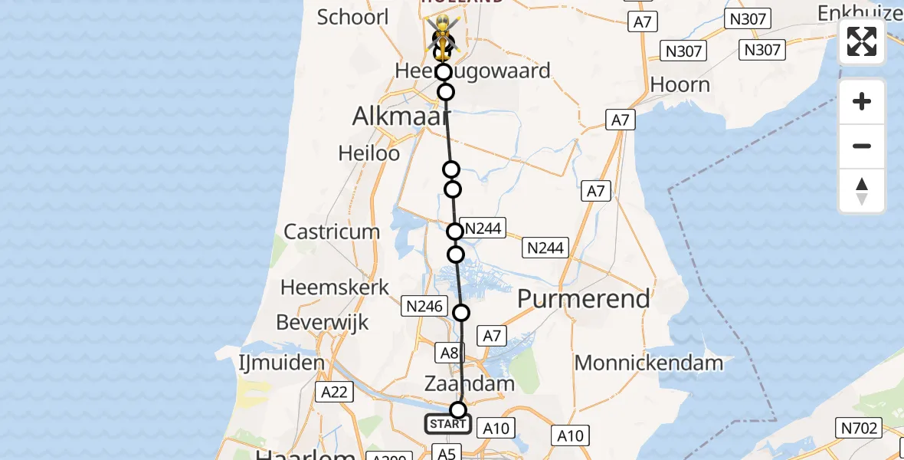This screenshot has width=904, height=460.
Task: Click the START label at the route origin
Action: [448, 424]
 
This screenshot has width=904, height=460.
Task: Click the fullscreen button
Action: [862, 41]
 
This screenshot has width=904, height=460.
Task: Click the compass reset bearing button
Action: [862, 191]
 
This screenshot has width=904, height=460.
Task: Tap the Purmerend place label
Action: [583, 298]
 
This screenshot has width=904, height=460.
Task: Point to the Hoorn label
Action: [680, 84]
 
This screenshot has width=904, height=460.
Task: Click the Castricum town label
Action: [332, 232]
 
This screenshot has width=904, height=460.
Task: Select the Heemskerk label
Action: [335, 287]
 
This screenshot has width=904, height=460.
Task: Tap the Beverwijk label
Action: [323, 322]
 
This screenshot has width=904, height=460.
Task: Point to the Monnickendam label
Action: [649, 363]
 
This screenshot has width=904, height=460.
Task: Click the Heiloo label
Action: [369, 153]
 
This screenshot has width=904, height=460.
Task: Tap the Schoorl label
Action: [353, 17]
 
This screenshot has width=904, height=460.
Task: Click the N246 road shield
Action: [424, 307]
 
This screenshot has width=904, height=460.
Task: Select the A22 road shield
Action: [334, 393]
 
